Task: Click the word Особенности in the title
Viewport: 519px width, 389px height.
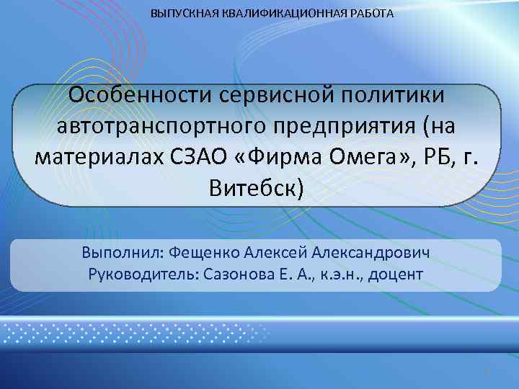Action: (x=140, y=96)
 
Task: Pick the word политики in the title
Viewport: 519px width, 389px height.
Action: (x=396, y=96)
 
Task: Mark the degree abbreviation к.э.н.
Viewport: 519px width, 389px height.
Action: (x=337, y=274)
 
